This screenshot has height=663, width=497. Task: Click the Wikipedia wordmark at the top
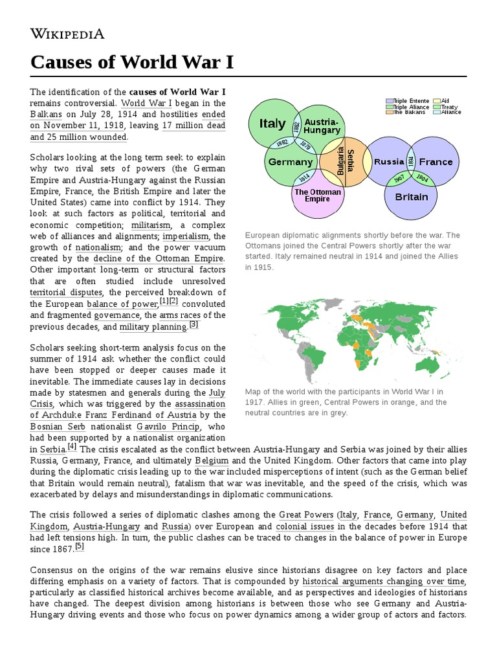[67, 34]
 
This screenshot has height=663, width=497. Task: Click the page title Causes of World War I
[132, 63]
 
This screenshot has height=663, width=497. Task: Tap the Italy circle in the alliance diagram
[272, 123]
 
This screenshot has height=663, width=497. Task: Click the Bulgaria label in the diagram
[340, 162]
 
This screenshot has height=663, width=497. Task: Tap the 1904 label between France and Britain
[421, 178]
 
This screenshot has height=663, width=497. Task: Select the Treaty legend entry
[450, 107]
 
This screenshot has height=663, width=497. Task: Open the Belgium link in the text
[212, 460]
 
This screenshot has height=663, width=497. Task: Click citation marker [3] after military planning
[193, 324]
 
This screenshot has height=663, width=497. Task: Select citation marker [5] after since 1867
[80, 546]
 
